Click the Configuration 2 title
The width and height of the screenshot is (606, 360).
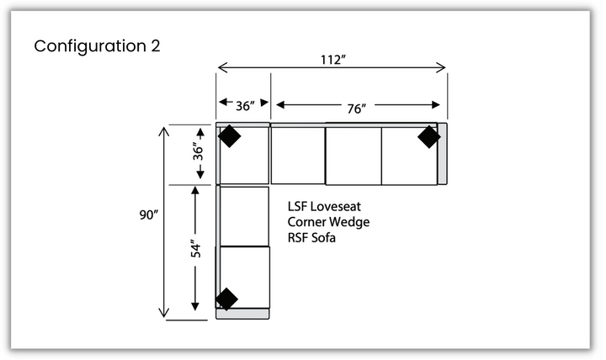tap(97, 45)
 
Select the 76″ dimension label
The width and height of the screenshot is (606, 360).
tap(356, 107)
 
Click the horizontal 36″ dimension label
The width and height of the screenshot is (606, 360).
tap(245, 106)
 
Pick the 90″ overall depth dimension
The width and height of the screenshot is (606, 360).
tap(150, 215)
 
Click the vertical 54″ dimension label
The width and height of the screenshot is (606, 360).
tap(195, 250)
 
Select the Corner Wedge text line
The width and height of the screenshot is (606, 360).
tap(328, 222)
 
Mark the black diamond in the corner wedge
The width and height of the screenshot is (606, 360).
tap(229, 136)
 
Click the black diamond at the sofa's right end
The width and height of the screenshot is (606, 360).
tap(428, 136)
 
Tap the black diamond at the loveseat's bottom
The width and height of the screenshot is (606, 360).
tap(226, 299)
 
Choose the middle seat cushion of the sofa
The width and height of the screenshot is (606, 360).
tap(353, 156)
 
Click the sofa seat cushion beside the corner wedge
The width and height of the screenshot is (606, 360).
tap(297, 156)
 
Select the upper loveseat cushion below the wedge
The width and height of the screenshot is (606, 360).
tap(244, 216)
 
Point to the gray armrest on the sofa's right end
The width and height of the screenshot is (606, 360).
tap(443, 156)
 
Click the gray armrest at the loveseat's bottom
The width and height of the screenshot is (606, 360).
tap(243, 314)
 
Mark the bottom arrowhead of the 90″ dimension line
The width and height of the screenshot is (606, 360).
tap(163, 315)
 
